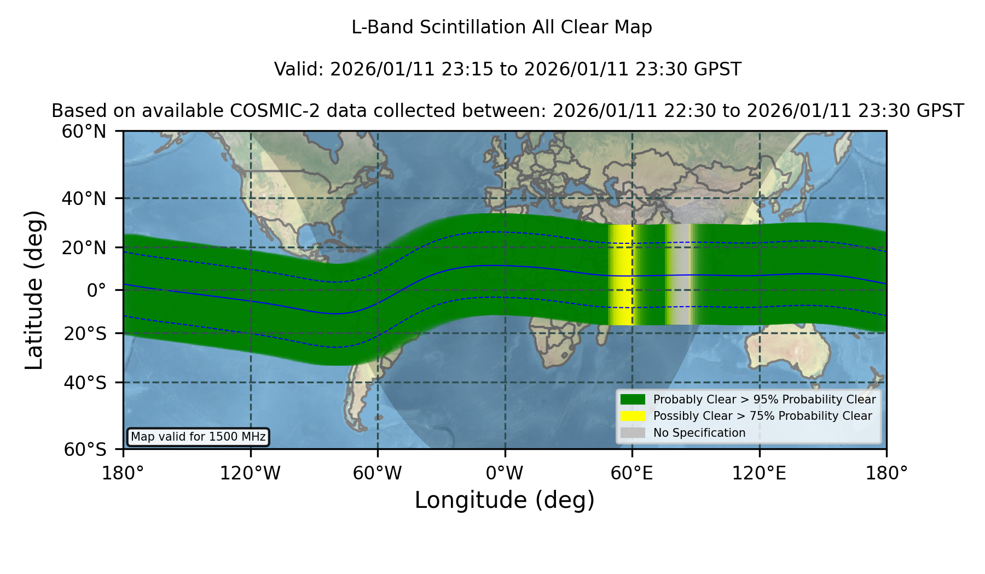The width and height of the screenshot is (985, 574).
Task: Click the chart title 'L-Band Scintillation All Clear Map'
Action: click(x=502, y=27)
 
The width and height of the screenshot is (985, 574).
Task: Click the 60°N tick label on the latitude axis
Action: click(x=84, y=131)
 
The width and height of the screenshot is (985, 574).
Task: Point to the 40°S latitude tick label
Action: click(x=85, y=383)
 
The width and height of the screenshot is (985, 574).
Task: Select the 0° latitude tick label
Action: click(x=96, y=290)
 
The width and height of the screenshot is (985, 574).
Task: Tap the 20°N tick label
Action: click(x=84, y=248)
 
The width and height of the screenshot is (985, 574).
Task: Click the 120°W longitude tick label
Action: click(x=250, y=473)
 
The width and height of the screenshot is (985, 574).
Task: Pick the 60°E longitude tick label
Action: click(x=632, y=473)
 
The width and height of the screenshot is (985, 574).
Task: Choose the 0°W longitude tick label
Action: click(x=505, y=473)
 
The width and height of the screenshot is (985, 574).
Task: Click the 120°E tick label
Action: click(x=759, y=473)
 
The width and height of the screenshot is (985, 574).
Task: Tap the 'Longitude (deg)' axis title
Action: click(x=505, y=500)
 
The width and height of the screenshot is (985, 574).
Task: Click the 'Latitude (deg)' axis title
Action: click(x=34, y=290)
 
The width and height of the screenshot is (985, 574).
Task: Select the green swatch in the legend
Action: click(x=633, y=399)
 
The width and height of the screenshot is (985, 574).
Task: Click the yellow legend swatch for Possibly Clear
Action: click(x=633, y=415)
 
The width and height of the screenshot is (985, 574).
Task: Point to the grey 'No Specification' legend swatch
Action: click(x=633, y=432)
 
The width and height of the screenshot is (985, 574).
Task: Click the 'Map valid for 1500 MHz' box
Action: click(x=198, y=437)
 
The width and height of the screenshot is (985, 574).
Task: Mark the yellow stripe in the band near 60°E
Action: click(x=622, y=275)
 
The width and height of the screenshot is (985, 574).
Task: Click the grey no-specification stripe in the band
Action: click(x=679, y=274)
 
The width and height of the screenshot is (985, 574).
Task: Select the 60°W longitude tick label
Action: click(x=378, y=473)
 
